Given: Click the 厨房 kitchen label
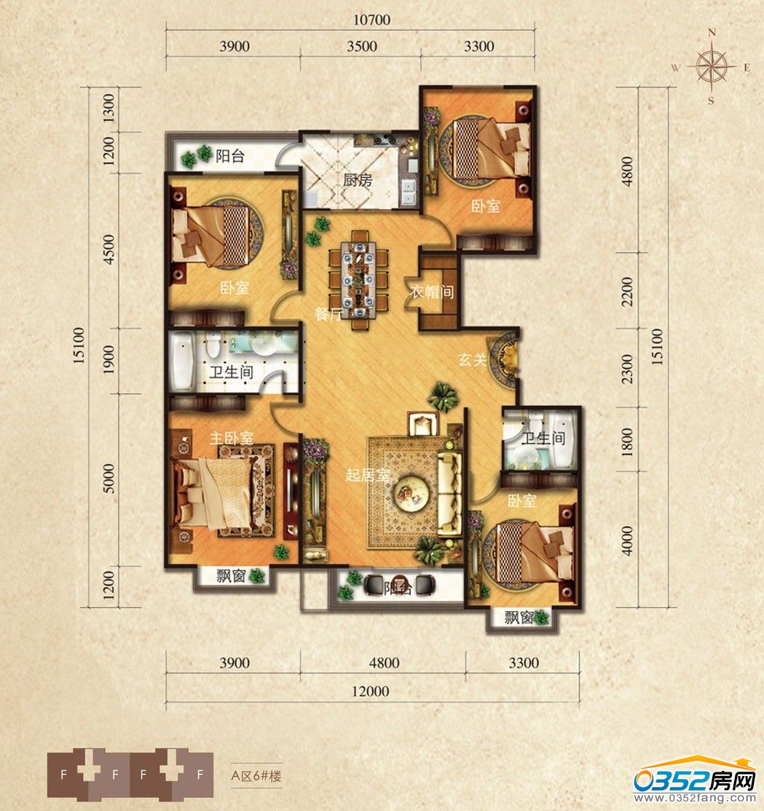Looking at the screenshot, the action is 358,180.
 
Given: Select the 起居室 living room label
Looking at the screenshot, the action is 367,475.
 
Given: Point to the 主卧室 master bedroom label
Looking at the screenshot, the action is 232,438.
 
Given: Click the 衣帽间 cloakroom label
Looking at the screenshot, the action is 432,291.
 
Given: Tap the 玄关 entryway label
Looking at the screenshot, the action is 473,359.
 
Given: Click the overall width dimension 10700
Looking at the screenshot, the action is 371,20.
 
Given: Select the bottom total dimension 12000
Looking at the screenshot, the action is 370,691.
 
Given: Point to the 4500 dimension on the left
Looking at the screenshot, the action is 109,249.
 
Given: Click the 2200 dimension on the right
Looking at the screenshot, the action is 627,291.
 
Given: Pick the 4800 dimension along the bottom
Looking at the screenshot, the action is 384,663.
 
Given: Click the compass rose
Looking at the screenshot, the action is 712,67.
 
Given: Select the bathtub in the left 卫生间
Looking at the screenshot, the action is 182,361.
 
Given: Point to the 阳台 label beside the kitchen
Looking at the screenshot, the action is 229,156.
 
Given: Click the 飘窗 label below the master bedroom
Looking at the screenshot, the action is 231,576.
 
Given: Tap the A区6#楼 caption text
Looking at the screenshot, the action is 256,776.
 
